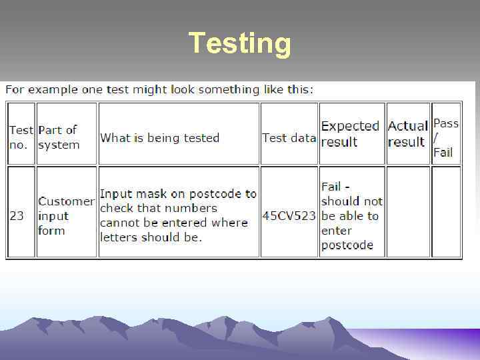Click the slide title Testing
[240, 43]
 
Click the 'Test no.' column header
[21, 137]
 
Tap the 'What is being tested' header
[159, 138]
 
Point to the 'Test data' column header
[289, 138]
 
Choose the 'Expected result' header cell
[350, 134]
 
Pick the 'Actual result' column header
[407, 134]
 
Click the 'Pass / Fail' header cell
[445, 138]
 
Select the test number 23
[17, 216]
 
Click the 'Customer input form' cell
[65, 216]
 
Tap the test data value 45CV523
[289, 216]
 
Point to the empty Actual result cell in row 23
[408, 212]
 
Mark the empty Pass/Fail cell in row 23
[446, 212]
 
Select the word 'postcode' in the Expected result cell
[347, 245]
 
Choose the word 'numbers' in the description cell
[191, 208]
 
